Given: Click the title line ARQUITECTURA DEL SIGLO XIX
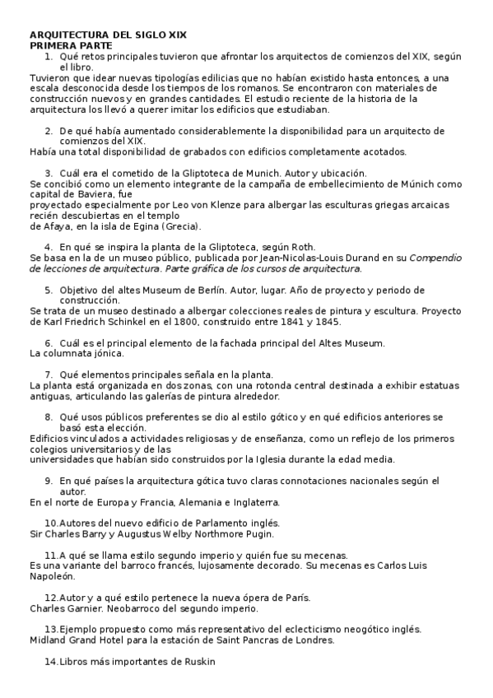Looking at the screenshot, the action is [x=108, y=35].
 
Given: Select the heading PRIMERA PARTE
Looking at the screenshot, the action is [x=71, y=46].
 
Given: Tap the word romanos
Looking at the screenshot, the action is [x=259, y=87].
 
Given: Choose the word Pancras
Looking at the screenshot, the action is [x=277, y=640].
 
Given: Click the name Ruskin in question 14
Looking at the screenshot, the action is [x=198, y=661].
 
